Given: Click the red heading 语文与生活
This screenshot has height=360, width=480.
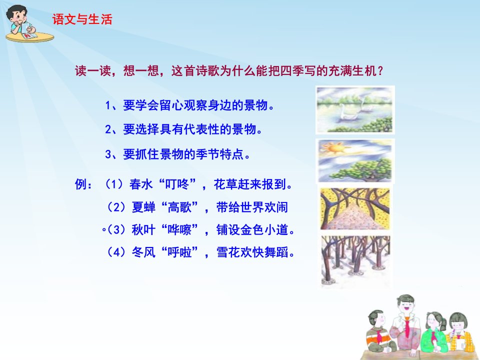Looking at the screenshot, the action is [82, 19].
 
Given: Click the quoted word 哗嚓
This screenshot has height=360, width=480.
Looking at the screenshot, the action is [179, 229].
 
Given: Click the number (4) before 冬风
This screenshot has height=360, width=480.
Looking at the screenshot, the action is [117, 252].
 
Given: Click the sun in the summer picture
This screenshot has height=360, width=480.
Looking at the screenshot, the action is [334, 148].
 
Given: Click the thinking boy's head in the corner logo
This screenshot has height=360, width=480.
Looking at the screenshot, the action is [17, 15].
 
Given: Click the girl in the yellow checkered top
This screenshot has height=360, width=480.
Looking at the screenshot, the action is [460, 332].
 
